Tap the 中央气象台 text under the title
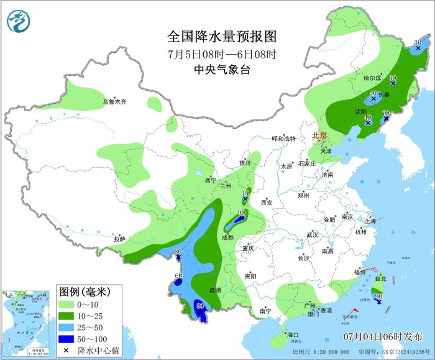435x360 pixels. click(221, 70)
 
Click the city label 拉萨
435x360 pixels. click(119, 239)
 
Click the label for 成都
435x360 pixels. click(227, 238)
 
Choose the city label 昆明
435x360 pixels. click(214, 290)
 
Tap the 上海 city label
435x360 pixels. click(370, 220)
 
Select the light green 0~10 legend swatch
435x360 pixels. click(66, 305)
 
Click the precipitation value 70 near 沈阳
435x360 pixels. click(385, 113)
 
